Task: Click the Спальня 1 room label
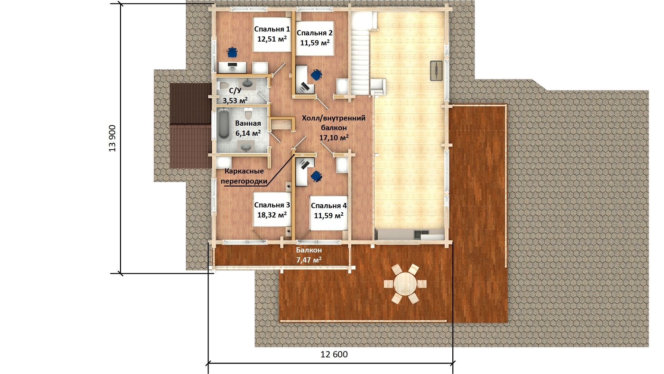[x=272, y=29]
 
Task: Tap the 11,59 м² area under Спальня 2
[x=315, y=43]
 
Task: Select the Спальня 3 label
[x=272, y=205]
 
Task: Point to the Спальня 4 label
[x=329, y=206]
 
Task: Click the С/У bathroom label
[x=235, y=91]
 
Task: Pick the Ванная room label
[x=248, y=123]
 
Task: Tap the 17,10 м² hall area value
[x=334, y=137]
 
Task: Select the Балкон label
[x=309, y=250]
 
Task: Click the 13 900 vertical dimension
[x=112, y=138]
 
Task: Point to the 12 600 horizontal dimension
[x=334, y=354]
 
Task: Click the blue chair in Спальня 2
[x=316, y=75]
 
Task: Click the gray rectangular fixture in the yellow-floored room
[x=436, y=71]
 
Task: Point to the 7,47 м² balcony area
[x=309, y=260]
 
